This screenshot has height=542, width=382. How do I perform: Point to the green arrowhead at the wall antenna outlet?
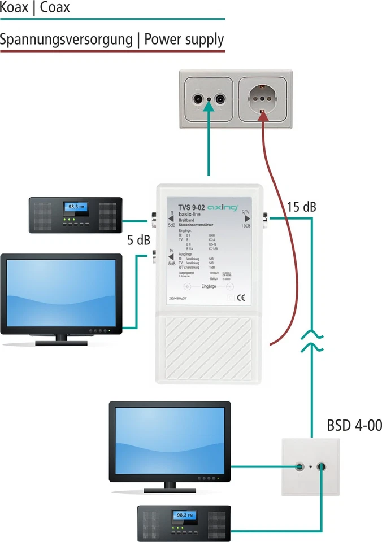(210, 113)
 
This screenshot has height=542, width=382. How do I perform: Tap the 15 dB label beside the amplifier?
(301, 207)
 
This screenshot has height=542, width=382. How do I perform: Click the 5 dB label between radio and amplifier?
(138, 240)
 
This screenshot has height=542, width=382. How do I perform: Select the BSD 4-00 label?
(354, 426)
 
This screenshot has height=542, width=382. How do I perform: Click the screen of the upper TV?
(60, 292)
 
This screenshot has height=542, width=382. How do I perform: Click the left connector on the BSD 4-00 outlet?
(300, 467)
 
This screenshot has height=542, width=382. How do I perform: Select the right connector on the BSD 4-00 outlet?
(322, 467)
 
